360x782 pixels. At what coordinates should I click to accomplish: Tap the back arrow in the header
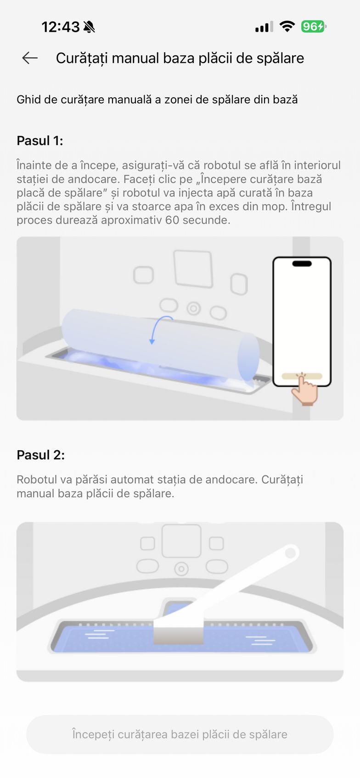click(x=30, y=58)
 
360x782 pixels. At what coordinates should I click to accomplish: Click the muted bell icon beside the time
click(x=89, y=27)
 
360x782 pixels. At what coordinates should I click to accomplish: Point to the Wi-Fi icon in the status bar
click(x=287, y=26)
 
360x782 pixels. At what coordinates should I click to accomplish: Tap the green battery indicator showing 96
click(x=313, y=27)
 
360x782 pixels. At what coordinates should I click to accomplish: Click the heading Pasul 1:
click(x=40, y=141)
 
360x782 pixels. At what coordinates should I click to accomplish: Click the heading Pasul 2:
click(x=41, y=455)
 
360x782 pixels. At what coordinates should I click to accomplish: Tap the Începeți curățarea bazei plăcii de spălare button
click(x=180, y=734)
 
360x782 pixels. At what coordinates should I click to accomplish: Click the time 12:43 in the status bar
click(x=61, y=27)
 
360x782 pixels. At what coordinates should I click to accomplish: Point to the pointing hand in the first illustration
click(x=304, y=389)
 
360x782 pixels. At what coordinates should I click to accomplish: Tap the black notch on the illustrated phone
click(x=302, y=263)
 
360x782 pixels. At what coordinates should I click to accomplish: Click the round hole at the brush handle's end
click(x=290, y=553)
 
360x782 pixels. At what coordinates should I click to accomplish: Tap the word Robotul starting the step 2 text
click(x=37, y=479)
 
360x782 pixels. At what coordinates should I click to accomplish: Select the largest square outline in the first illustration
click(x=193, y=269)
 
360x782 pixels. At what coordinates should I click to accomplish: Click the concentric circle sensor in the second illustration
click(x=181, y=569)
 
